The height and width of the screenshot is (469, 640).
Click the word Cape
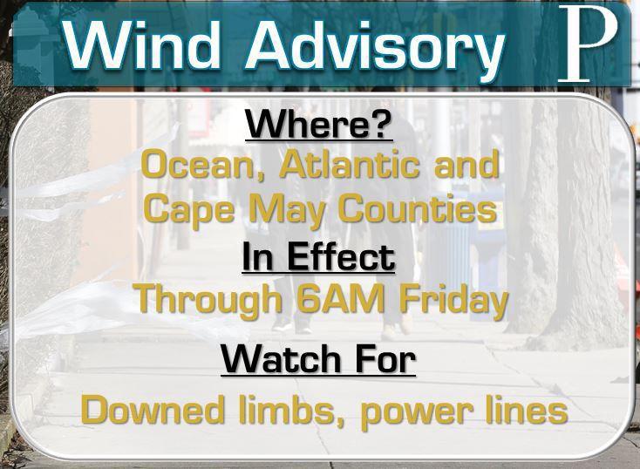coord(190,209)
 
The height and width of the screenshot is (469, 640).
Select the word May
coord(288,210)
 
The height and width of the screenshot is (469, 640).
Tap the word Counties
coord(418,207)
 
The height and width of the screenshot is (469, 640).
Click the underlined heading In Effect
coord(319,257)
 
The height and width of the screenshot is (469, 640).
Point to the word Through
coord(210,301)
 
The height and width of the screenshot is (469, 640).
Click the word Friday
coord(454,301)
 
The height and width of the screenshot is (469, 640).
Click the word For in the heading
coord(385,359)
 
